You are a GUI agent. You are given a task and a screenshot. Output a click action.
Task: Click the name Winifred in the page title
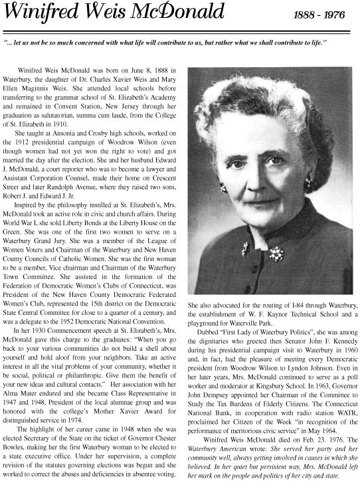[42, 13]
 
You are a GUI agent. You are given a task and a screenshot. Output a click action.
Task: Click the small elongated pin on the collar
[245, 248]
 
